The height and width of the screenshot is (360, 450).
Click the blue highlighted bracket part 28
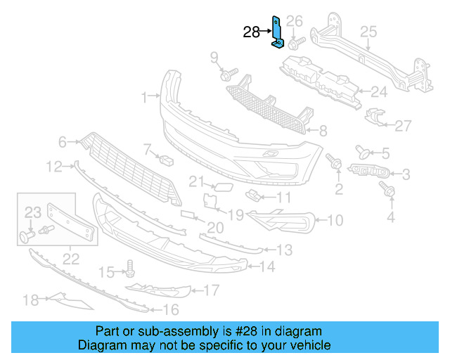277,35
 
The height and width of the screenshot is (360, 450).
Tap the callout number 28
251,32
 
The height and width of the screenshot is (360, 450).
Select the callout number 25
368,31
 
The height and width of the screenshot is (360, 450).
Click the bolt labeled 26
295,43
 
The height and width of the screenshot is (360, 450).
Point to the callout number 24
379,91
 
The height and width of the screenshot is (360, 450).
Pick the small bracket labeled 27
377,119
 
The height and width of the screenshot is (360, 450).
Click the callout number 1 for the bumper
143,97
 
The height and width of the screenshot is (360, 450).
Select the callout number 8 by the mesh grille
323,130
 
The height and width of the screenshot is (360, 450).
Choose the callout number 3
406,173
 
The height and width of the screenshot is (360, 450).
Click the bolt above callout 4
386,188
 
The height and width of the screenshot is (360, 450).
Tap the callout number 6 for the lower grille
63,143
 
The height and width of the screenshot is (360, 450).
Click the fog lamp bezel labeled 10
281,219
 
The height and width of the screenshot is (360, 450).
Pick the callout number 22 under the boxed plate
71,258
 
